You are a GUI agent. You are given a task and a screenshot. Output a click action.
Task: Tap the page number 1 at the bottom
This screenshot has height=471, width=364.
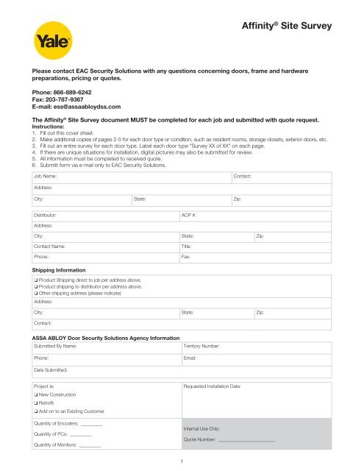click(x=182, y=461)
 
